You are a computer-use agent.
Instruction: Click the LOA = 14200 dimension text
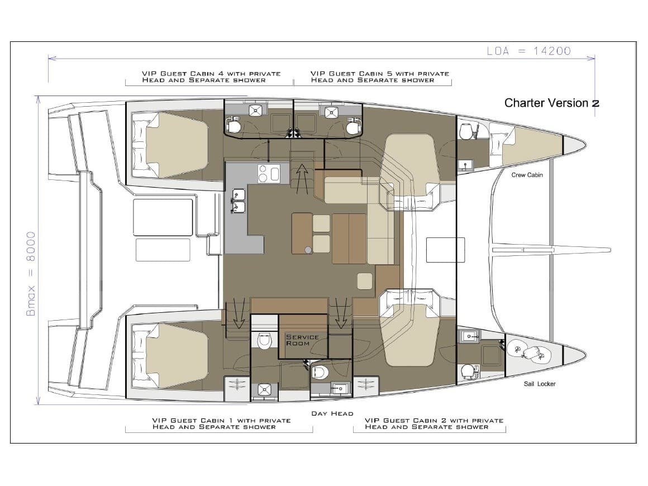[x=528, y=51]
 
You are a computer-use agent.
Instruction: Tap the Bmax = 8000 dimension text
[x=31, y=274]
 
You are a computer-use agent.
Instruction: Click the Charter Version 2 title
[x=552, y=103]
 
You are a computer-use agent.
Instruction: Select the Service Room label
[x=302, y=340]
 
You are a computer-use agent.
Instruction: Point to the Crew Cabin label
[x=527, y=175]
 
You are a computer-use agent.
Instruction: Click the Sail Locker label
[x=540, y=384]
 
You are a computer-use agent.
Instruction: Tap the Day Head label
[x=332, y=413]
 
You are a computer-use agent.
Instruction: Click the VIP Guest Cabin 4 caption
[x=211, y=77]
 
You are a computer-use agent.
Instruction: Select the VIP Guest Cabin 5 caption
[x=380, y=77]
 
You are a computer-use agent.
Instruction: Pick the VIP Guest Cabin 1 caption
[x=222, y=423]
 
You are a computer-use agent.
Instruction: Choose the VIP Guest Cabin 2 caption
[x=435, y=423]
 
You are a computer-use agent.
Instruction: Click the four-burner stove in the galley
[x=268, y=174]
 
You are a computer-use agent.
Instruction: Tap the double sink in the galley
[x=239, y=201]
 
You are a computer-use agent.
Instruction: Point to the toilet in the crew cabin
[x=466, y=131]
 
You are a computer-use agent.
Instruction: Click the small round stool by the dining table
[x=308, y=250]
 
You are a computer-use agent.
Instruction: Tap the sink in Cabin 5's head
[x=331, y=112]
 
